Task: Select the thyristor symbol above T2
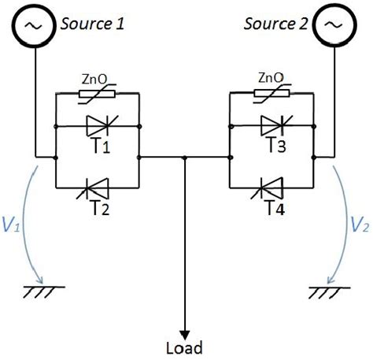point(98,189)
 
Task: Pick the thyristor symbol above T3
point(270,124)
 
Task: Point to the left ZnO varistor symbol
point(98,95)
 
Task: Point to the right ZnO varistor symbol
point(270,95)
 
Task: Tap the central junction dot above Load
point(184,158)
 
